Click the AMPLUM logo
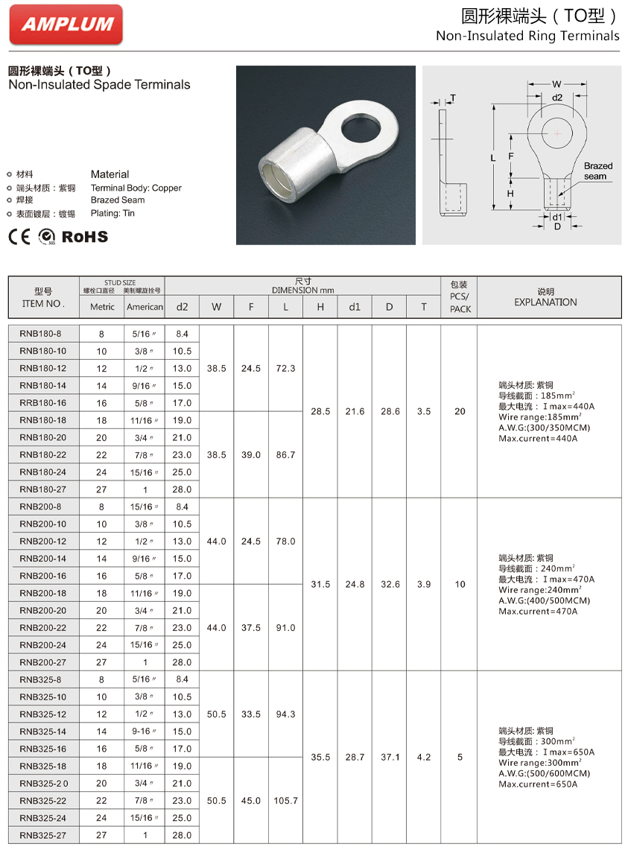click(x=66, y=24)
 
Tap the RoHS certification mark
click(x=84, y=236)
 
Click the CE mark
click(x=19, y=236)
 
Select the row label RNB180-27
click(x=42, y=489)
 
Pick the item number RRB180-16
click(x=42, y=403)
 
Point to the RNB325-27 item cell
click(x=42, y=835)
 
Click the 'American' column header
click(x=145, y=306)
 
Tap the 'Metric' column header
click(x=102, y=306)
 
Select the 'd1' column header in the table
click(x=355, y=306)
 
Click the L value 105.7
click(x=285, y=801)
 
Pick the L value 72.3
click(x=285, y=368)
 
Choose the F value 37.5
click(x=251, y=628)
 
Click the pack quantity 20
click(x=460, y=411)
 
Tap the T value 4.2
click(x=424, y=757)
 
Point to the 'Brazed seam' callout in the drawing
click(x=597, y=171)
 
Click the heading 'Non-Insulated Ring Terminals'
click(x=527, y=36)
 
